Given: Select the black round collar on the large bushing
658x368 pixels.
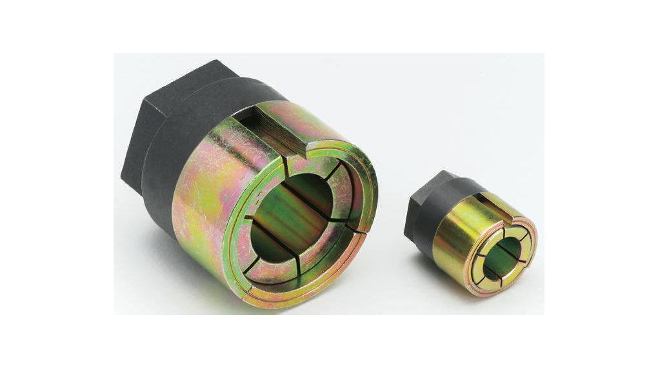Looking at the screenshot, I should (171, 161).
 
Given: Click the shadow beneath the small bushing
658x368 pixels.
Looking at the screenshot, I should (490, 298).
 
